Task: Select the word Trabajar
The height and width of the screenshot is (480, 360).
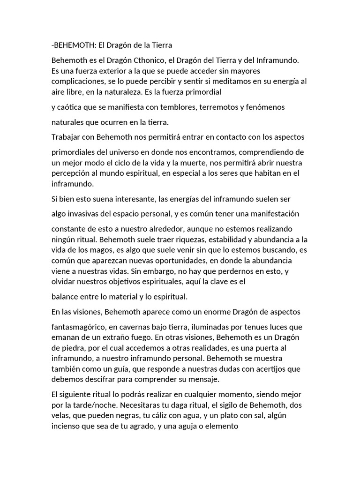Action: [x=66, y=137]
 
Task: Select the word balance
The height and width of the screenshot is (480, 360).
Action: [x=66, y=296]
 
